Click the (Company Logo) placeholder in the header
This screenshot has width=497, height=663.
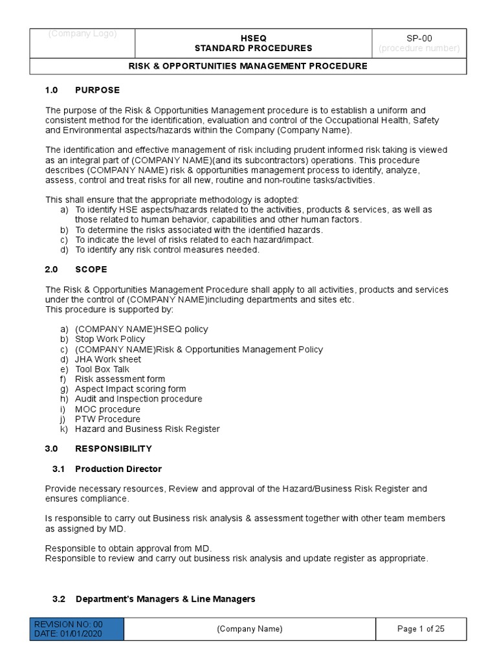coord(82,34)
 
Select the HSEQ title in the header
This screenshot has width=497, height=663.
coord(254,38)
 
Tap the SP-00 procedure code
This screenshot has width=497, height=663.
coord(419,38)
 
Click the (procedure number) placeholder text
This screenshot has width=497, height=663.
coord(419,48)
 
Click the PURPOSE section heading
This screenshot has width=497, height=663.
coord(97,90)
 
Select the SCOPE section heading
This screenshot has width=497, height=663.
coord(91,269)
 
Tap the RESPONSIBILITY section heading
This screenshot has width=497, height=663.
coord(113,448)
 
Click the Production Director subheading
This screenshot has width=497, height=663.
coord(118,469)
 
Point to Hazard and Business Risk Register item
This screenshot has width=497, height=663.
coord(147,429)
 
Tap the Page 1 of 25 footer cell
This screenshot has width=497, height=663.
coord(420,629)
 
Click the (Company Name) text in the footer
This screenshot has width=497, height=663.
coord(249,629)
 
